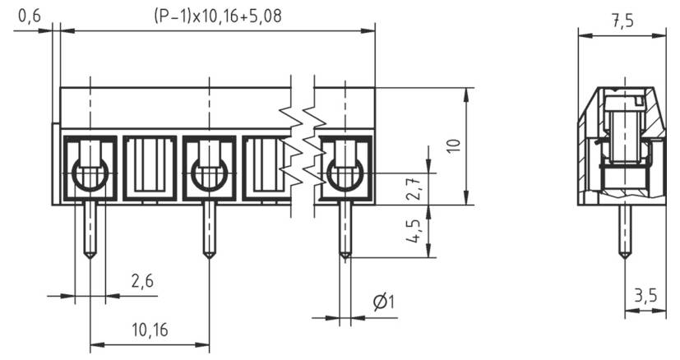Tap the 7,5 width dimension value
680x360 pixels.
tap(622, 21)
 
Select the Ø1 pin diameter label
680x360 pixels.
tap(383, 302)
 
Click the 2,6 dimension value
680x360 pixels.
tap(142, 281)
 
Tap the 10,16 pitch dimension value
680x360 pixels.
tap(149, 330)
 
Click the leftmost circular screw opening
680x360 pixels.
tap(90, 174)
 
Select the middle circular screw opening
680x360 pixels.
tap(209, 174)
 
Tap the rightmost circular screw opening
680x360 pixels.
tap(345, 174)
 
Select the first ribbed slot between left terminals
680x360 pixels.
tap(150, 168)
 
